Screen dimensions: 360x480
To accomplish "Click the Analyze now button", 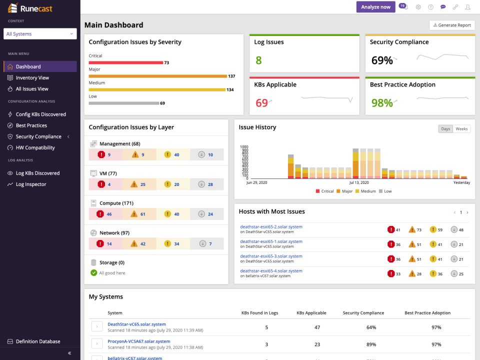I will point(375,7).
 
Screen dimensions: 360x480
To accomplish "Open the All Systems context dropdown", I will point(40,34).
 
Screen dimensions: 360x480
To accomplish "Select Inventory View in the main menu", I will point(32,77).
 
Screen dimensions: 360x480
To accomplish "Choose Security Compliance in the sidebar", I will point(38,136).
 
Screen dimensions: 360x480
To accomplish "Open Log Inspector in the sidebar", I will point(31,184).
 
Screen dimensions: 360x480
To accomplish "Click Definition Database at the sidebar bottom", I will point(37,341).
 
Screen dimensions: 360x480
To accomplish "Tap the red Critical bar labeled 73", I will point(126,62).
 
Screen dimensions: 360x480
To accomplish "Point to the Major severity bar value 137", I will point(231,76).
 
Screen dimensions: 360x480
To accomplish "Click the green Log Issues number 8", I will point(258,60).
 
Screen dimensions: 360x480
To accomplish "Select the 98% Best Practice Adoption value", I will point(382,103).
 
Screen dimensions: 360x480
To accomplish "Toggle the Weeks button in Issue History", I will point(461,129).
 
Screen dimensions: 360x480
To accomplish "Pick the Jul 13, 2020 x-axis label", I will point(358,182).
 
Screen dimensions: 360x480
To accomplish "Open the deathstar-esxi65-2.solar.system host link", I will point(271,226).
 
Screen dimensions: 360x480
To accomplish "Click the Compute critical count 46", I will point(109,214).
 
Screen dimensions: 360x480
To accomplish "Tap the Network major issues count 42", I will point(142,244).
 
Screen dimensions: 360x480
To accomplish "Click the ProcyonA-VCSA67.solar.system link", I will point(138,341).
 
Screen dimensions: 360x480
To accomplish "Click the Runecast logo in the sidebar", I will point(30,8).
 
